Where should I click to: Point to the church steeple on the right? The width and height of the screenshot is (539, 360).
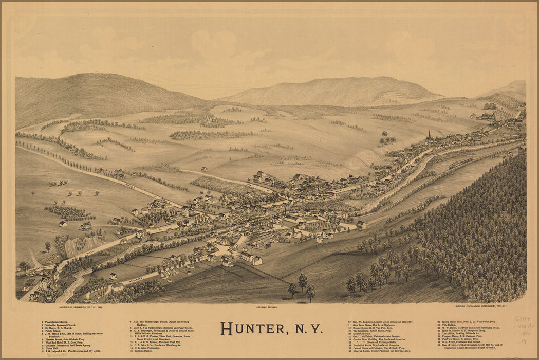429,136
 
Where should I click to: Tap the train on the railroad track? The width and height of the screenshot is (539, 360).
461,163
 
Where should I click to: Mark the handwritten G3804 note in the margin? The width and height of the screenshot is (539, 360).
523,319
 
